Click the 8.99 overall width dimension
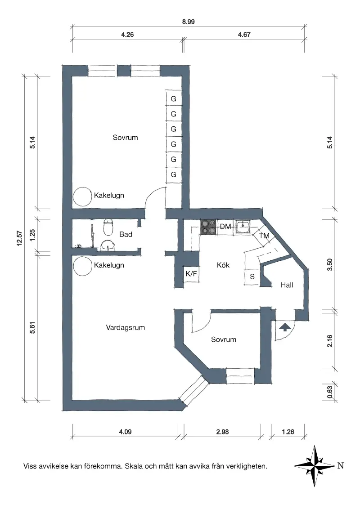tap(189, 22)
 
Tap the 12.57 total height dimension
tap(19, 238)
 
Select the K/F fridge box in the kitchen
tap(191, 274)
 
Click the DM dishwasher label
tap(225, 227)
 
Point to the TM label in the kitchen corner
tap(264, 235)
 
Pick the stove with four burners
tap(208, 227)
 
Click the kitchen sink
tap(243, 227)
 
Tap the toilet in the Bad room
tap(108, 227)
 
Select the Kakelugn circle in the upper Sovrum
tap(82, 196)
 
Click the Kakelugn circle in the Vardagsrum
tap(83, 266)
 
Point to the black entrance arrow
tap(284, 327)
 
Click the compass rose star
tap(314, 466)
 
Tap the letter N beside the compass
tap(341, 465)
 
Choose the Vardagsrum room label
tap(126, 327)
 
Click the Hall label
tap(287, 285)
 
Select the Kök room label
tap(223, 265)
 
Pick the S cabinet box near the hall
tap(252, 277)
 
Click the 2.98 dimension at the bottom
tap(223, 432)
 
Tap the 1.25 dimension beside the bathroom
tap(32, 235)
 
